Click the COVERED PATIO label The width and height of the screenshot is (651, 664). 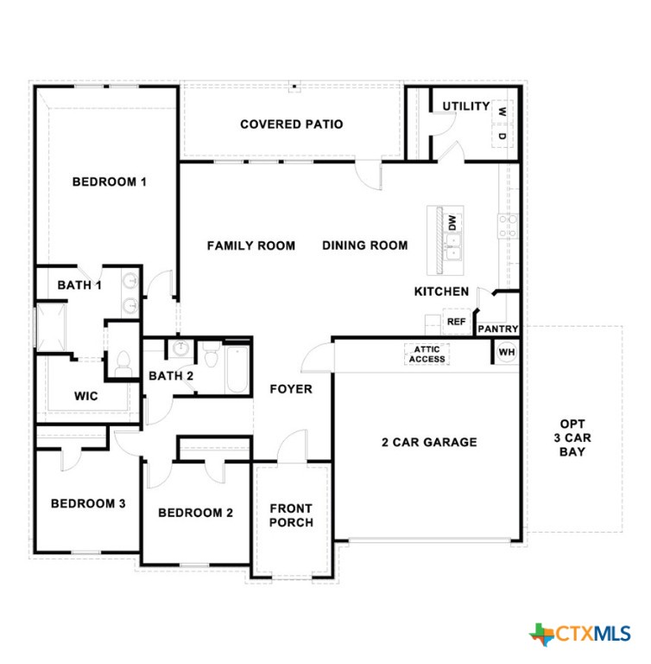pos(291,124)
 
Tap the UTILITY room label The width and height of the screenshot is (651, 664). pos(466,106)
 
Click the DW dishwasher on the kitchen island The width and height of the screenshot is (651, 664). pos(451,222)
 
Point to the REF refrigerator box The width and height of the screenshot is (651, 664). pos(456,322)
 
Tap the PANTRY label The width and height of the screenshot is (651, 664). pos(497,329)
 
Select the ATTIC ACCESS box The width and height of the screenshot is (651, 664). pos(427,354)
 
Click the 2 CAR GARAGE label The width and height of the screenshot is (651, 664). pos(428,443)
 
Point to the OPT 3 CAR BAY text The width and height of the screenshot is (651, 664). pos(572,437)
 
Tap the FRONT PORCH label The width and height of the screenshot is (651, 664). pos(291,515)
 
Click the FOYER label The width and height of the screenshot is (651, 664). pos(292,389)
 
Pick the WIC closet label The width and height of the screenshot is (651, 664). pos(85,396)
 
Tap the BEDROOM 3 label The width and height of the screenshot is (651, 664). pos(87,504)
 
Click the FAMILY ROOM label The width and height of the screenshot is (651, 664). pos(250,246)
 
